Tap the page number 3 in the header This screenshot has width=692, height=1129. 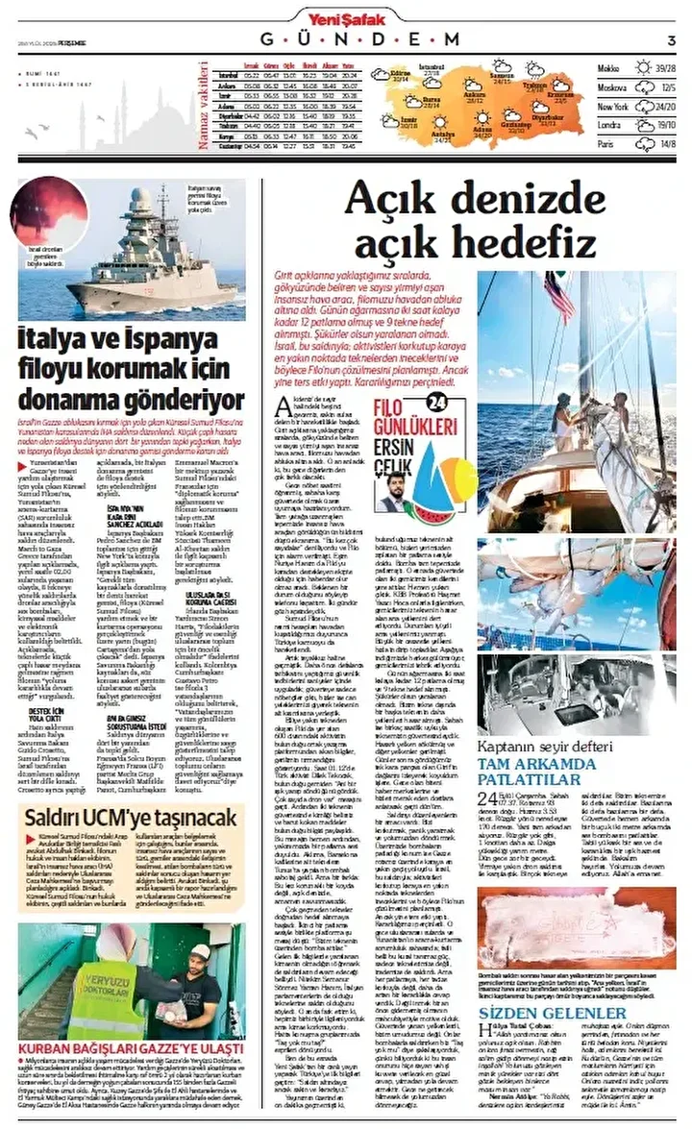(671, 39)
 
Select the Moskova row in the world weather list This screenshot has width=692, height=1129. (610, 87)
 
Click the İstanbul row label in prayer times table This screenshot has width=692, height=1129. (229, 73)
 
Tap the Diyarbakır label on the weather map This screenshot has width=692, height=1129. (545, 119)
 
